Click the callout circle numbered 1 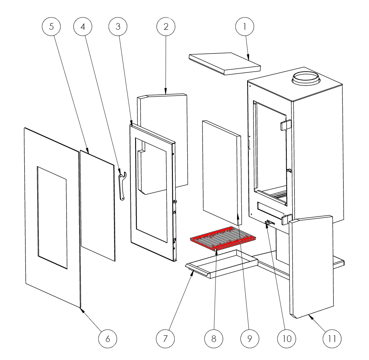tap(245, 27)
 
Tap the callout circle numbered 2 tap(166, 27)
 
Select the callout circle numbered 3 tap(118, 27)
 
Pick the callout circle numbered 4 tap(83, 27)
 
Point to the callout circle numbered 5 tap(51, 27)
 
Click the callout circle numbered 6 tap(108, 339)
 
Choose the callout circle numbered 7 tap(165, 339)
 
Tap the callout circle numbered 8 tap(213, 339)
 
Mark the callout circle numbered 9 tap(250, 339)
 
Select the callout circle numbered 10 tap(287, 339)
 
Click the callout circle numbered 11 tap(332, 339)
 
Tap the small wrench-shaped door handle tap(122, 186)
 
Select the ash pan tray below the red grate tap(222, 264)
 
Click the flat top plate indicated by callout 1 tap(225, 63)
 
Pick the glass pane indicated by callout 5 tap(98, 205)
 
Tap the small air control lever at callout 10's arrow tap(270, 222)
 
